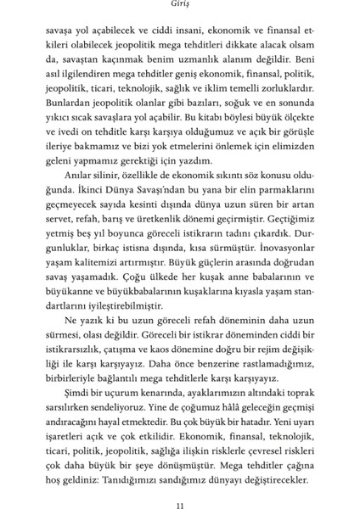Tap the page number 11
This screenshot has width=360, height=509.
[180, 485]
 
